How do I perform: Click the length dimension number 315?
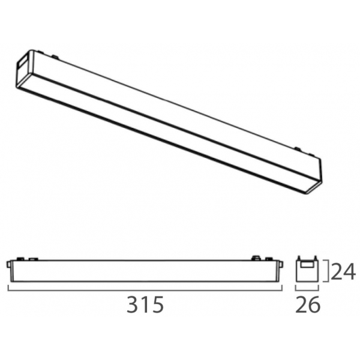point(145,304)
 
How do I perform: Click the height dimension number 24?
point(343,271)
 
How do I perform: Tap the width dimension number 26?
point(308,304)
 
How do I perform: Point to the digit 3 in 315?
point(133,304)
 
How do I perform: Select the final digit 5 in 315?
point(158,304)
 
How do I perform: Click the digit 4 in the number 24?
point(350,271)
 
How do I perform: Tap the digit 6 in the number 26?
point(314,304)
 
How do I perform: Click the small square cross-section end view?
point(307,271)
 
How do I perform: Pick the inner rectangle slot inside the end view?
point(307,265)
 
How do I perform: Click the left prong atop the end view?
point(299,258)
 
